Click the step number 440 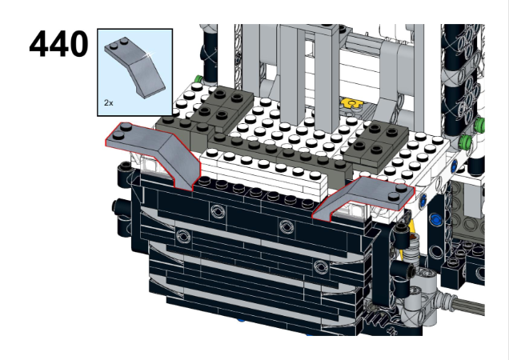point(58,44)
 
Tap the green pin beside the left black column point(197,79)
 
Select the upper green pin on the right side point(479,126)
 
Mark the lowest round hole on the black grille point(321,266)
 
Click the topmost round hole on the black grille point(217,211)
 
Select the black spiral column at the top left point(211,48)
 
